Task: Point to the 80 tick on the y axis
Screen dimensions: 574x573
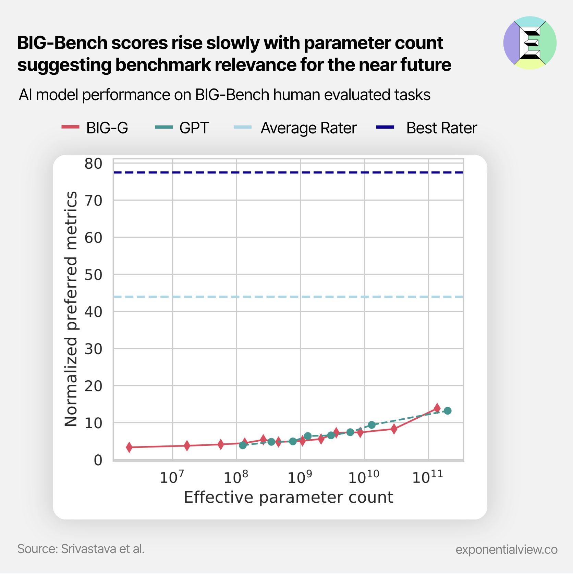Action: point(94,164)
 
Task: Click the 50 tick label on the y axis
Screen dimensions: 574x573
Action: point(94,275)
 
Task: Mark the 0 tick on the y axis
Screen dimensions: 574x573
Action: point(98,460)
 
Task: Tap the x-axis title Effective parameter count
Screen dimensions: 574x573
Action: point(288,497)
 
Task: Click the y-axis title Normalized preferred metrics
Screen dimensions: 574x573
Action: point(71,309)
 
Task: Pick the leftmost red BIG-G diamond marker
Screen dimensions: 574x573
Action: point(129,447)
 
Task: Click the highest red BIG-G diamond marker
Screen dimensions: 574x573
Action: point(437,408)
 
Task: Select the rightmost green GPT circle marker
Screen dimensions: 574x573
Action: point(448,411)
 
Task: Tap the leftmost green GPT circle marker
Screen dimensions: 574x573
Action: point(243,445)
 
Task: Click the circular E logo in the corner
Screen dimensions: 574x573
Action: point(530,43)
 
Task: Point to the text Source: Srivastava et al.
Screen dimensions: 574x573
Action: point(81,549)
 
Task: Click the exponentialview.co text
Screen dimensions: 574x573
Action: point(506,549)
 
